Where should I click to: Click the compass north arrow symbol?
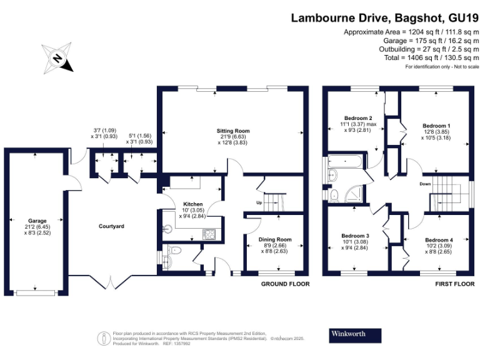click(57, 58)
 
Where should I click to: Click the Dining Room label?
click(275, 239)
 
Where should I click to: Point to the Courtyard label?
click(111, 226)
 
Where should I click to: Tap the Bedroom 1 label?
click(436, 126)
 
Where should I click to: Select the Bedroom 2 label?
click(358, 118)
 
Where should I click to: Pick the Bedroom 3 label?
click(356, 236)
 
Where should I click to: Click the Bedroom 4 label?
click(439, 239)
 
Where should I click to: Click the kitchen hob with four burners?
click(209, 234)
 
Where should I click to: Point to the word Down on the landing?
click(424, 184)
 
